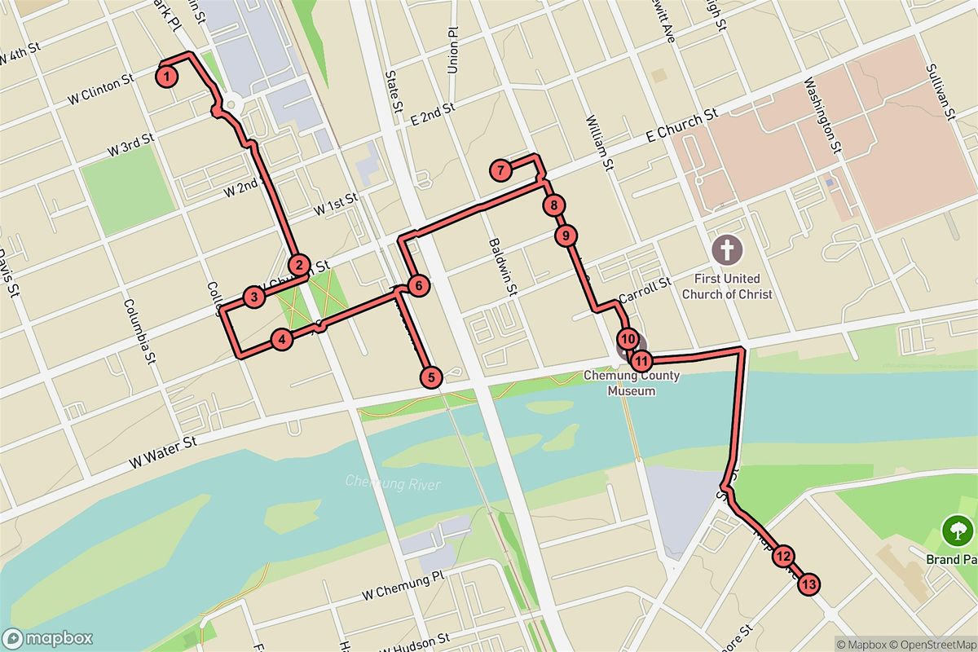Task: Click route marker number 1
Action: (x=166, y=77)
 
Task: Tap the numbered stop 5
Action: (x=431, y=377)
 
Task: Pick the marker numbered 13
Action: (x=808, y=584)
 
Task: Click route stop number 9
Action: (x=565, y=236)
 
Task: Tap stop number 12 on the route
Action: (x=783, y=557)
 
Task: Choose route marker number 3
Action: (x=254, y=297)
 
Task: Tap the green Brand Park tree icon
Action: (x=953, y=531)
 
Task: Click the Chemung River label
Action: (x=393, y=484)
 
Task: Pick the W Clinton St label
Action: (x=101, y=90)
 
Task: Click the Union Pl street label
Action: (x=453, y=51)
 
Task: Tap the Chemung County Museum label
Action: (x=632, y=383)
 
